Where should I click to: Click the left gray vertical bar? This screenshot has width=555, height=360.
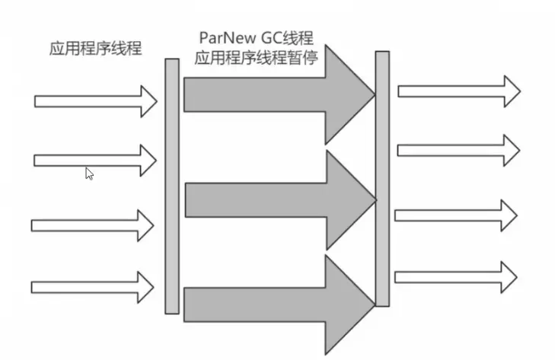point(172,186)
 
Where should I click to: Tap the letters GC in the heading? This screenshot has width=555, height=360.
point(276,38)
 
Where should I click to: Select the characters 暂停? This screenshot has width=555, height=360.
point(322,58)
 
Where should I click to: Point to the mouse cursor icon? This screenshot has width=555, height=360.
point(89,173)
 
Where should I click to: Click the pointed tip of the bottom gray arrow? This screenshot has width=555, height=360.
point(374,304)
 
